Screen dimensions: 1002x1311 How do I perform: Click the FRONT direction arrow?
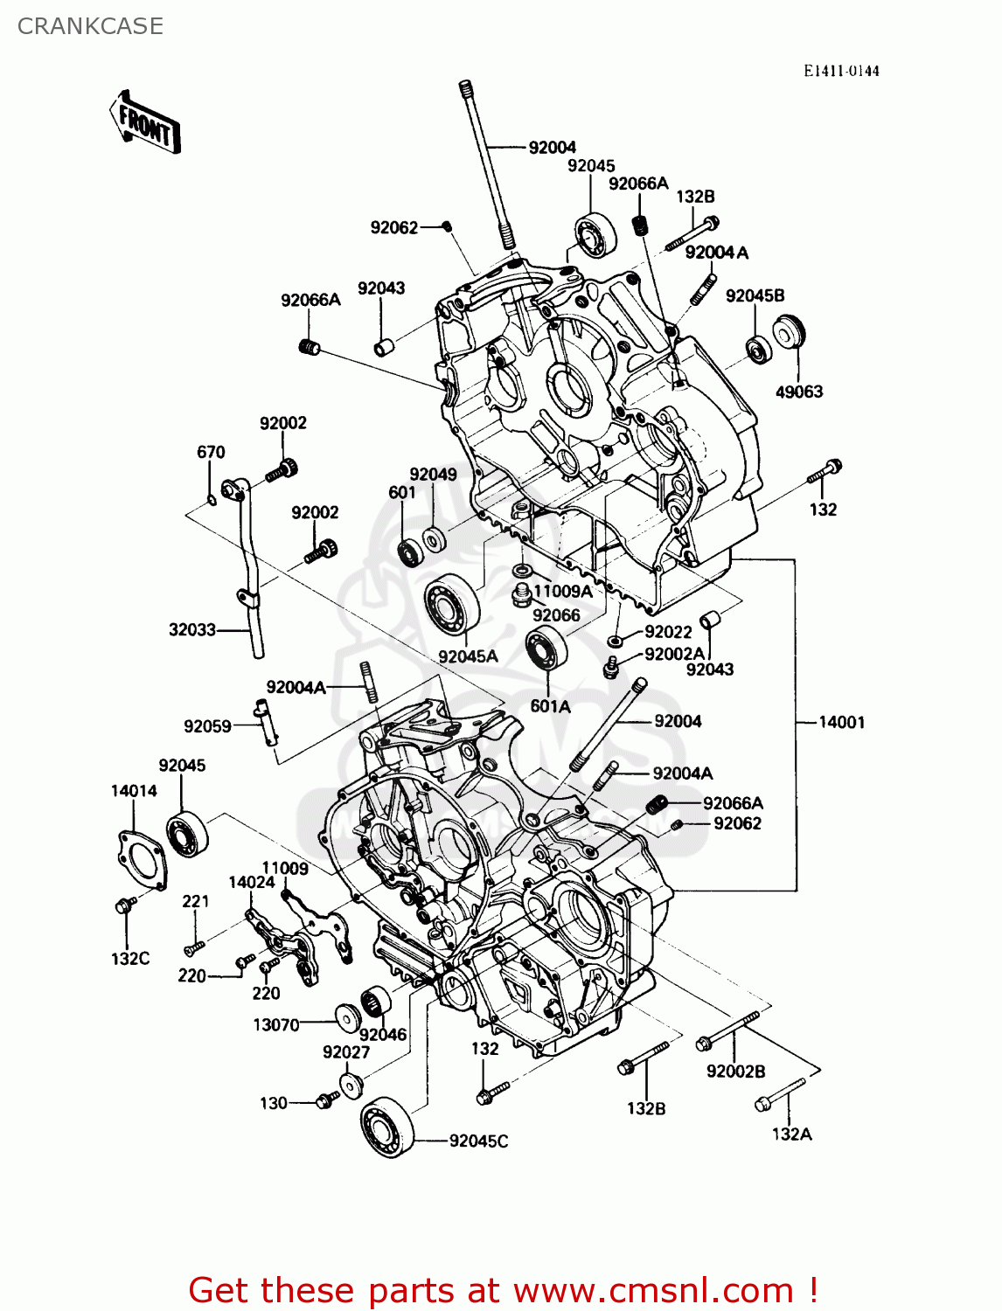(144, 121)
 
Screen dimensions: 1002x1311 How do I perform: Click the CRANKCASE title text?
(90, 26)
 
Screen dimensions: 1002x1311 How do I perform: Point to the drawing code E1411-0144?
(840, 71)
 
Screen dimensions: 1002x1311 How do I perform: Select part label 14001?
(841, 722)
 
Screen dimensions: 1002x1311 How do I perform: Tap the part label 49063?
(799, 392)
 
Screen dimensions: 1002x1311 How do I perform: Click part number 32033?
(191, 629)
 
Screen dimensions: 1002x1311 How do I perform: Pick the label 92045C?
(478, 1141)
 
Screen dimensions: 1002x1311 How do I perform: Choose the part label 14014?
(134, 790)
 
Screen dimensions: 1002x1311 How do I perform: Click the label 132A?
(791, 1134)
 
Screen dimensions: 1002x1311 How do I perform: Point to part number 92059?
(207, 726)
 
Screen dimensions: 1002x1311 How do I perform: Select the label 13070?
(276, 1025)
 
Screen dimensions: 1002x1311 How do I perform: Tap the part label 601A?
(550, 706)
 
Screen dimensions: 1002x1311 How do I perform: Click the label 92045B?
(755, 295)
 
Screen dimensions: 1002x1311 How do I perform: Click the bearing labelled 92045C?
(387, 1127)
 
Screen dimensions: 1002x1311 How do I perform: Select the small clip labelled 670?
(212, 499)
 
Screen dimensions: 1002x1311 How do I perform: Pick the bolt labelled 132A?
(780, 1095)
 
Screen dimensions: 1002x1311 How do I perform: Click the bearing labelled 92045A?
(452, 603)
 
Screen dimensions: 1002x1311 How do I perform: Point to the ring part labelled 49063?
(789, 331)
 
